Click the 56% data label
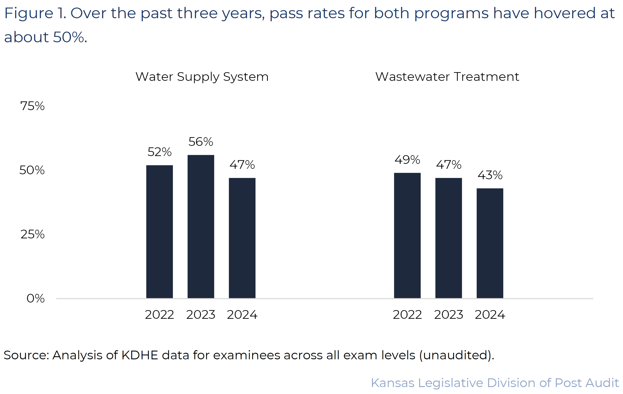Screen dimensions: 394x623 point(201,142)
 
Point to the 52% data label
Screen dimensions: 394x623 point(159,152)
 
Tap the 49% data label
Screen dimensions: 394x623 point(407,160)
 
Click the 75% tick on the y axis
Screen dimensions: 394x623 point(32,106)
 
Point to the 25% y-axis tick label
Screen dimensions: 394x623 point(32,234)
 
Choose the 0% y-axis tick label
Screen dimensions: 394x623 point(35,298)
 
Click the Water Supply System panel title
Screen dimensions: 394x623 point(202,77)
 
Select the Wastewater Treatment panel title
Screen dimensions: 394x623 point(447,77)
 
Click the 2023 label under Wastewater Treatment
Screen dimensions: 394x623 point(449,315)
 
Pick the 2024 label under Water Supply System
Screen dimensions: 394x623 point(242,315)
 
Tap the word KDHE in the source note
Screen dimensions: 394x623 point(140,355)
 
